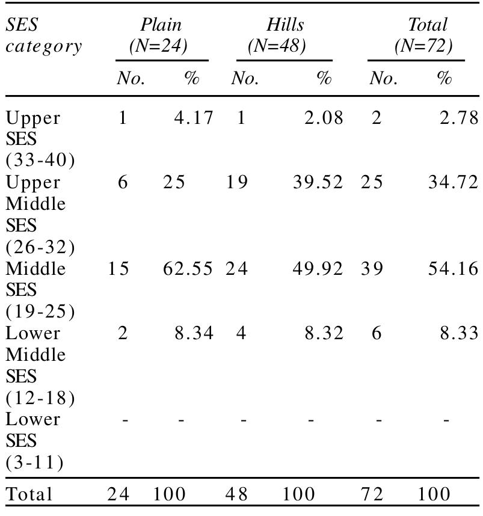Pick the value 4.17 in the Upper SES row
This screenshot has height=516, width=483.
pos(194,117)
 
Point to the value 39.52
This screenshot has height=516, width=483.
pos(318,182)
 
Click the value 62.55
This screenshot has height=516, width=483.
pos(188,268)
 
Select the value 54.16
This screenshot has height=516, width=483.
pos(453,268)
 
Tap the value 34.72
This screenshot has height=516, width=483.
pos(453,182)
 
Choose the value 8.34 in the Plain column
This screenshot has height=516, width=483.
pos(194,333)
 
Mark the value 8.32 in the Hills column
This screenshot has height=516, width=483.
pos(324,333)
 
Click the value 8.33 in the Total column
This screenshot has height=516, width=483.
pos(460,333)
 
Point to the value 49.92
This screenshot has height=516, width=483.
pos(318,268)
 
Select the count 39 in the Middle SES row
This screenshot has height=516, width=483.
pos(372,268)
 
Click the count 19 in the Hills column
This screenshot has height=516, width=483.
pos(237,182)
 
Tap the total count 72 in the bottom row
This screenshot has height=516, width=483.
pos(372,494)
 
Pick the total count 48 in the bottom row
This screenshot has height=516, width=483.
pos(237,494)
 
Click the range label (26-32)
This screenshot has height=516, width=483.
pos(40,247)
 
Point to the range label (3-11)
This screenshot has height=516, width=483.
pos(34,462)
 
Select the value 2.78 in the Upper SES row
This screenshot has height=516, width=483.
pos(460,117)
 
